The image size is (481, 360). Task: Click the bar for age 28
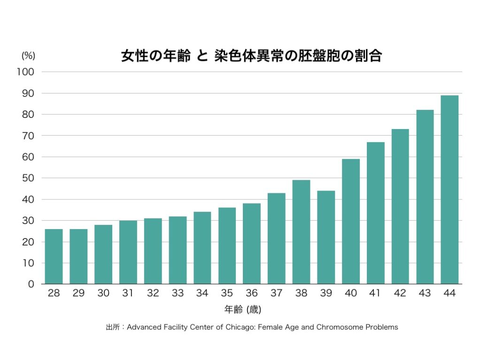[x=54, y=256]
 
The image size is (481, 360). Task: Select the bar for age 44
[x=450, y=190]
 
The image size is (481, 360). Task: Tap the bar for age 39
[x=326, y=237]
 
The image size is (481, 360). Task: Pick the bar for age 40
[x=351, y=221]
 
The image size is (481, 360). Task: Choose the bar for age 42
[x=400, y=207]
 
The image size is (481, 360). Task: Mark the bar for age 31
[x=128, y=252]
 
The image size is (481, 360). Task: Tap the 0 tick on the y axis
[x=31, y=284]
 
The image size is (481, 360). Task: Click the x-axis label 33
[x=178, y=293]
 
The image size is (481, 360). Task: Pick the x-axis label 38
[x=301, y=293]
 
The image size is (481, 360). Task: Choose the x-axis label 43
[x=425, y=293]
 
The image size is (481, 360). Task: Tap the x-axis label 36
[x=252, y=293]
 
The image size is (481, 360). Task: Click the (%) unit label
[x=28, y=55]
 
